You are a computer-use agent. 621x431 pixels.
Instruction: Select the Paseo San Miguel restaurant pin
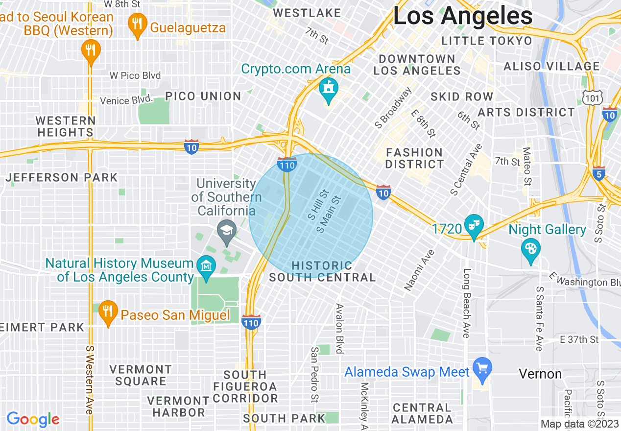pyautogui.click(x=108, y=311)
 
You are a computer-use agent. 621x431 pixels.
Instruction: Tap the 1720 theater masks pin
pyautogui.click(x=474, y=226)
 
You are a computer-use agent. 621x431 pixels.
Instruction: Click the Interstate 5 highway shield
pyautogui.click(x=598, y=173)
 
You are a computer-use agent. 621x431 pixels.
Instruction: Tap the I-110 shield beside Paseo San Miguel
pyautogui.click(x=251, y=322)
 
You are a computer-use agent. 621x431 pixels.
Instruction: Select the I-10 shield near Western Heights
pyautogui.click(x=191, y=146)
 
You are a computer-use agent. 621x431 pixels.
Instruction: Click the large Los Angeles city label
pyautogui.click(x=462, y=16)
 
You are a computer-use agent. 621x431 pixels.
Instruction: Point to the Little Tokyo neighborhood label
pyautogui.click(x=486, y=41)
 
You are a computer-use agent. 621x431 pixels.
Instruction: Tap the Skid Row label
pyautogui.click(x=461, y=96)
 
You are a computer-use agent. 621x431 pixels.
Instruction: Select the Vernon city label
pyautogui.click(x=540, y=374)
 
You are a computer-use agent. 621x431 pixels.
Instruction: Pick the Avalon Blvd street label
pyautogui.click(x=339, y=328)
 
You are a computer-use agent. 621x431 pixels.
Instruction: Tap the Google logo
pyautogui.click(x=33, y=419)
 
